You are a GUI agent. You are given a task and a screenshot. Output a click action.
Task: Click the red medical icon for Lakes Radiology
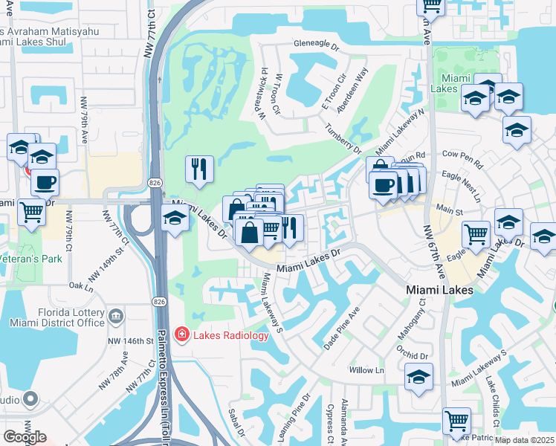[181, 336]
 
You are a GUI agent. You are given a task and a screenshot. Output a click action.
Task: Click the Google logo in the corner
[24, 437]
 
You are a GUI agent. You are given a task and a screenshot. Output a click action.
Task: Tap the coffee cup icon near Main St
[384, 185]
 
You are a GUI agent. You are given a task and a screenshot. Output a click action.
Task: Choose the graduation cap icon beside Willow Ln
[419, 378]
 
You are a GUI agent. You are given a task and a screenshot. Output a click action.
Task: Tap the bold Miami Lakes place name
[439, 290]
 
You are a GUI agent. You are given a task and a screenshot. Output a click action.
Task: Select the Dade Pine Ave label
[342, 327]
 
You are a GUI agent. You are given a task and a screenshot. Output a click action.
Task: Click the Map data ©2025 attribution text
[525, 440]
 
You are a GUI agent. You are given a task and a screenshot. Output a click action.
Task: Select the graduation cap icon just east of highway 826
[174, 219]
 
